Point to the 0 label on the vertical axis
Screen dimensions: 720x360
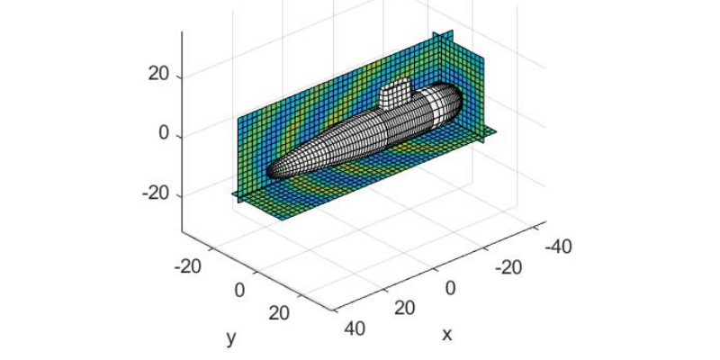(165, 133)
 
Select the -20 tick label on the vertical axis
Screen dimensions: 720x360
(156, 193)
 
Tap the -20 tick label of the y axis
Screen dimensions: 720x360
(188, 266)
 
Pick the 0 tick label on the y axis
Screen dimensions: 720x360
(240, 290)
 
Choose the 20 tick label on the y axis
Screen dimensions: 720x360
(280, 313)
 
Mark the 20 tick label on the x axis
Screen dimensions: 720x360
(405, 308)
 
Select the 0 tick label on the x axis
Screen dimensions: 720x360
(451, 288)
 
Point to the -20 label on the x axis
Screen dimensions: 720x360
(508, 267)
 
